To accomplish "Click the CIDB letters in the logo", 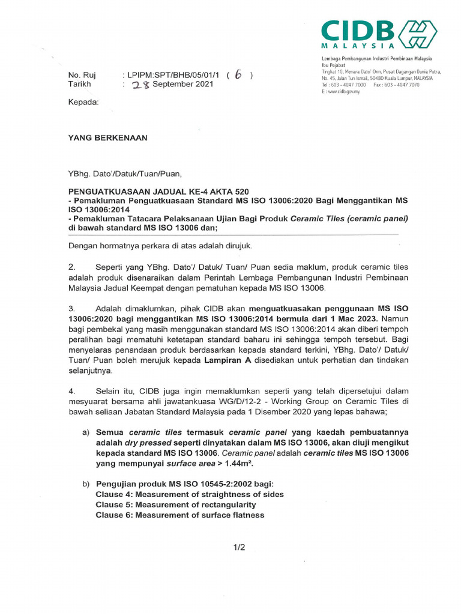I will (x=357, y=30).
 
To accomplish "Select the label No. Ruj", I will (x=82, y=75).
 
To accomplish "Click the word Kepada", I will (x=83, y=103).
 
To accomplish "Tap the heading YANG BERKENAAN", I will (x=107, y=137).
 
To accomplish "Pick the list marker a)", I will (x=86, y=432).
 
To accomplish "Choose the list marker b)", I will (x=86, y=484).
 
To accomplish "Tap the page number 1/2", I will (x=239, y=547).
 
